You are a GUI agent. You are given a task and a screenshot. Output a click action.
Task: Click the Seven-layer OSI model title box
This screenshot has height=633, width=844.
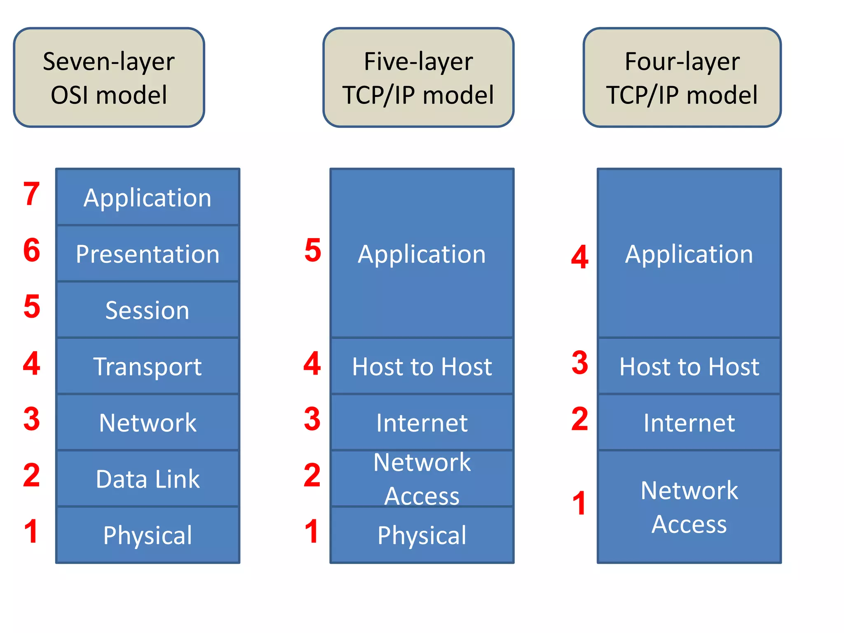click(109, 77)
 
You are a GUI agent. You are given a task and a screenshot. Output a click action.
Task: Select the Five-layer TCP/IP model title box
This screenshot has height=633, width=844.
click(418, 77)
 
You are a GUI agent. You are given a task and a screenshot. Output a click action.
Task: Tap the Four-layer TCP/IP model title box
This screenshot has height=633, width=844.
click(682, 77)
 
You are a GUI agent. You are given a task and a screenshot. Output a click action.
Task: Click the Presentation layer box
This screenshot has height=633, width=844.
click(148, 254)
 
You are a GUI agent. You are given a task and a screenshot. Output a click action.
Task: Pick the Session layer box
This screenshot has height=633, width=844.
click(148, 310)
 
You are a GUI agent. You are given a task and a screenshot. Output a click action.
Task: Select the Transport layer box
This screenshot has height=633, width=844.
click(148, 366)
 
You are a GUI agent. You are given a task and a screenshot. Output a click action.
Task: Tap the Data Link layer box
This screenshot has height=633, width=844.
click(148, 479)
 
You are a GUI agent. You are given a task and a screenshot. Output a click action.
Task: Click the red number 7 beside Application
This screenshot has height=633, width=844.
click(32, 194)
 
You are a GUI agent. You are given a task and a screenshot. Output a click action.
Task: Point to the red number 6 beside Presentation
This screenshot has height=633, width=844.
click(32, 250)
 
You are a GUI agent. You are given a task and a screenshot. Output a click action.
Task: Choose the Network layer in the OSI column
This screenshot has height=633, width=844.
click(148, 423)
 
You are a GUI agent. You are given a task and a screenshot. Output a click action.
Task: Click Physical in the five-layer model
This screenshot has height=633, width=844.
click(422, 535)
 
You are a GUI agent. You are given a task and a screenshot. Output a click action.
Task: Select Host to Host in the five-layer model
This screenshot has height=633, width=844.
click(422, 366)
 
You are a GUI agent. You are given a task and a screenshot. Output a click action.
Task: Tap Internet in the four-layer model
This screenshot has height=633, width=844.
click(689, 423)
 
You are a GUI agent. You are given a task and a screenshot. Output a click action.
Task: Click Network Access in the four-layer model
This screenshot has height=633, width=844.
click(689, 507)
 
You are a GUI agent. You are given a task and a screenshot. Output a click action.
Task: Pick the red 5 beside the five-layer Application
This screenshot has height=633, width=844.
click(313, 250)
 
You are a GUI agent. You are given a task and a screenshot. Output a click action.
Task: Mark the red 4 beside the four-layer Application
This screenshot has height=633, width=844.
click(580, 257)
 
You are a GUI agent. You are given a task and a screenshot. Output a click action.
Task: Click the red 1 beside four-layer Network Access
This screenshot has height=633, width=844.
click(580, 503)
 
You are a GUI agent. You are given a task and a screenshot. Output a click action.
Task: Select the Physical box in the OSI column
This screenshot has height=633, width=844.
click(148, 535)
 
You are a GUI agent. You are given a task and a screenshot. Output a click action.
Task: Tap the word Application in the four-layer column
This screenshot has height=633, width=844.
click(689, 254)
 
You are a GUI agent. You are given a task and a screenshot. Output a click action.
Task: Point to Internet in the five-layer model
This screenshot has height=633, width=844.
click(422, 423)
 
